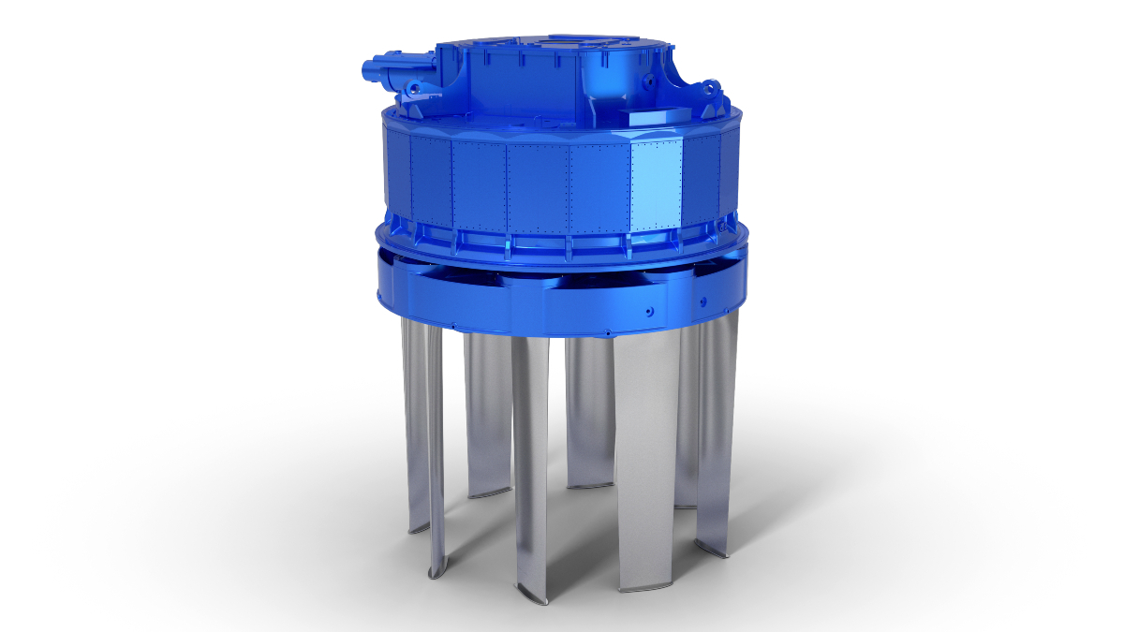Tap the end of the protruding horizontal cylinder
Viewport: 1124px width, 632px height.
tap(366, 67)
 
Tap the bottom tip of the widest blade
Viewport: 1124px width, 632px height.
tap(637, 588)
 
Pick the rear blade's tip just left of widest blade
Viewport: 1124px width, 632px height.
tap(590, 484)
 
